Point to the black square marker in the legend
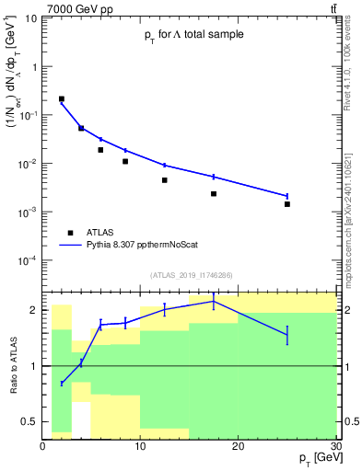71,234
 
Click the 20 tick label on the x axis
238,446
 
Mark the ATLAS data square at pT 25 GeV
287,204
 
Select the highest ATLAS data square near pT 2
62,98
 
